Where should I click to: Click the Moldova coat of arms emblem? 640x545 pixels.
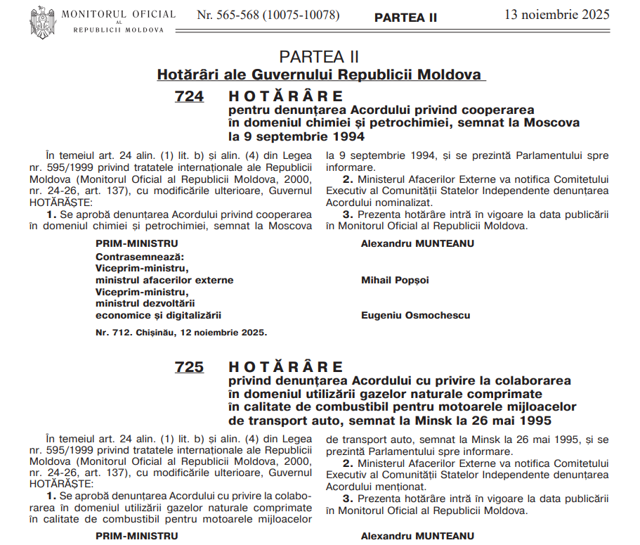tap(42, 22)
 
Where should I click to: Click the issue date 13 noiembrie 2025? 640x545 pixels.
tap(557, 14)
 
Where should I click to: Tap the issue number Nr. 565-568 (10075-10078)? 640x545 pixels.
tap(268, 15)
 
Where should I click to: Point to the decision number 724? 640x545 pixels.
tap(189, 96)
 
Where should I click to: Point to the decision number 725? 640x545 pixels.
tap(189, 366)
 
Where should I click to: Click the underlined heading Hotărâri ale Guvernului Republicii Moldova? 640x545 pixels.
tap(320, 75)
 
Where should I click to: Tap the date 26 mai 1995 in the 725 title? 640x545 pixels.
tap(509, 421)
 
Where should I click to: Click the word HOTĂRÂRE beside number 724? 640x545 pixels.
tap(286, 96)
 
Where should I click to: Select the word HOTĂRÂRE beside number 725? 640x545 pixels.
tap(286, 366)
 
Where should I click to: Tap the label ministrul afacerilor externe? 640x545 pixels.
tap(164, 280)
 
